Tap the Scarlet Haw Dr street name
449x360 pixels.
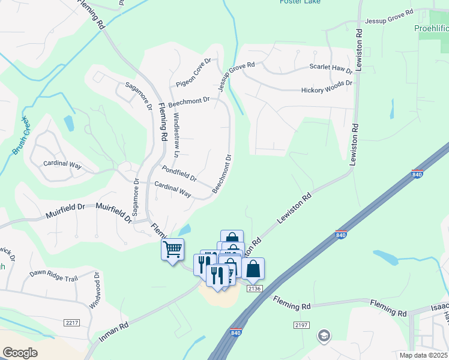point(330,67)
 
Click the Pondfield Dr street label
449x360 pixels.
point(178,173)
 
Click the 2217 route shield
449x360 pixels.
point(71,322)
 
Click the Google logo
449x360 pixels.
point(20,353)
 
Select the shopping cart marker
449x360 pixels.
point(172,248)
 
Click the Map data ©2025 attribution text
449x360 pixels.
point(424,355)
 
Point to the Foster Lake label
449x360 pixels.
point(300,2)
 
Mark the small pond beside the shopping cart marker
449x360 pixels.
point(185,230)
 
